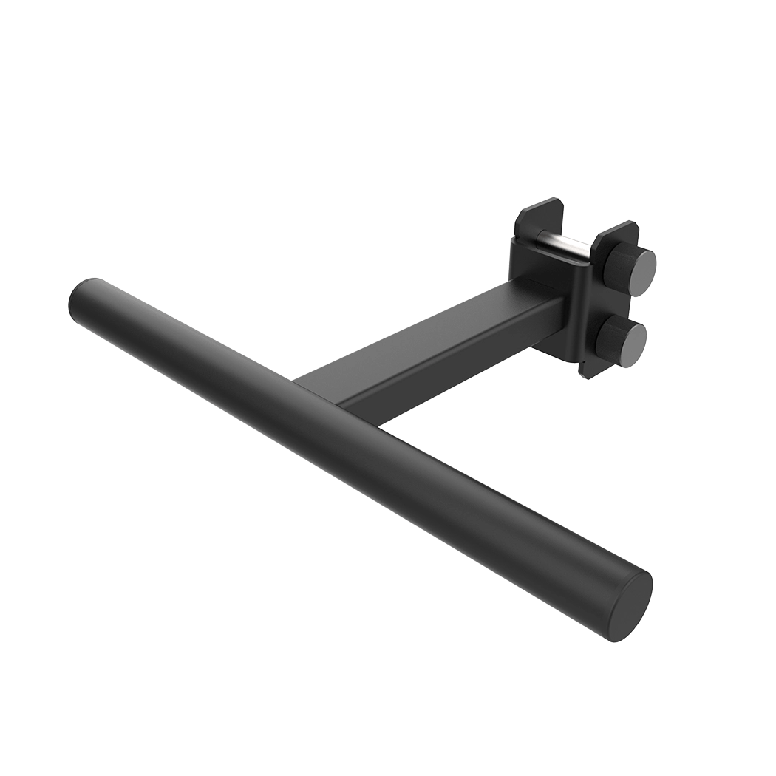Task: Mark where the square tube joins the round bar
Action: [325, 388]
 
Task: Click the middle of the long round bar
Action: [355, 436]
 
